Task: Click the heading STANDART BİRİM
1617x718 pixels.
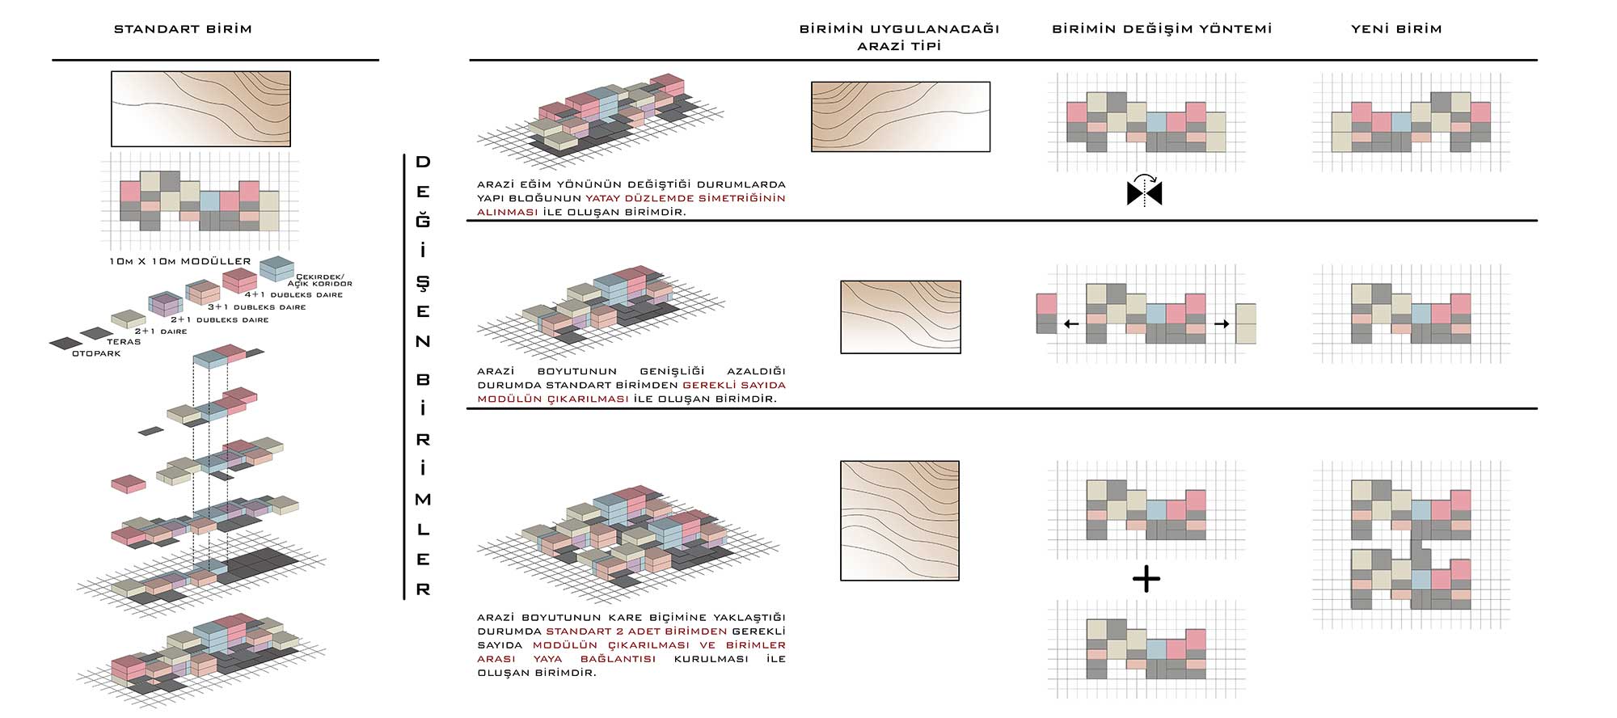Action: (x=183, y=29)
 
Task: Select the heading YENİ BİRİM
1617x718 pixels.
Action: (x=1396, y=29)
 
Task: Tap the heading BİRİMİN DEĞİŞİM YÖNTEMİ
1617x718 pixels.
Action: (x=1162, y=29)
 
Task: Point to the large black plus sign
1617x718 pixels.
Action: (x=1146, y=579)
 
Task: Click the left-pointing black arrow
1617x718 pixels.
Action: (x=1071, y=324)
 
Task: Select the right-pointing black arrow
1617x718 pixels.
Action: (x=1222, y=324)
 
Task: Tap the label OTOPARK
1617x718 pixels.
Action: (x=96, y=353)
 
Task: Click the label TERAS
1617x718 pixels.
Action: (x=124, y=342)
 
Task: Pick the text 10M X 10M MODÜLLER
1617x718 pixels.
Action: (x=180, y=262)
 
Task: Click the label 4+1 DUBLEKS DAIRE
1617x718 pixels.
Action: (x=293, y=295)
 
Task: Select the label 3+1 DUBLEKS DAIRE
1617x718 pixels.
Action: (x=256, y=307)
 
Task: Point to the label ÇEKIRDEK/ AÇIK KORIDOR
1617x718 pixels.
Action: (x=320, y=280)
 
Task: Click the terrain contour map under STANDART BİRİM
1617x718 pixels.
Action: (x=201, y=109)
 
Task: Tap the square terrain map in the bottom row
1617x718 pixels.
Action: (x=900, y=521)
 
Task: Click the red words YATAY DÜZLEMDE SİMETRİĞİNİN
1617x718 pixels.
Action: (x=686, y=198)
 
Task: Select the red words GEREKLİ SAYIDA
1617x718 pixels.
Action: (x=734, y=385)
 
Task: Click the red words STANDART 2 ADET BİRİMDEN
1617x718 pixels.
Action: (x=636, y=631)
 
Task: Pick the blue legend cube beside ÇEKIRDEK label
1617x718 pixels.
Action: (x=277, y=268)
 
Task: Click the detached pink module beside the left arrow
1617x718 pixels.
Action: (x=1046, y=304)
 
